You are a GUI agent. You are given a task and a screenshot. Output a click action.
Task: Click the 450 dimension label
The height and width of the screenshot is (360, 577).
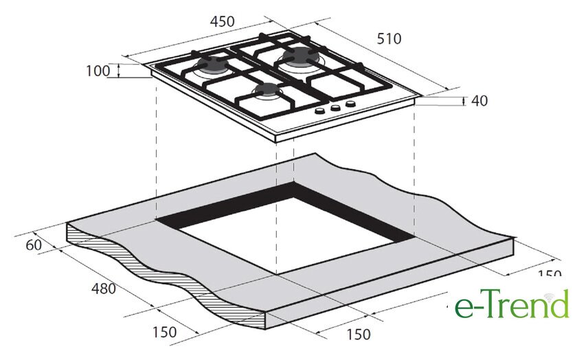click(x=223, y=22)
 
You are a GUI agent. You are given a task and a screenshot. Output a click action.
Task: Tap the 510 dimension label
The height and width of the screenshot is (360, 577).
click(x=389, y=38)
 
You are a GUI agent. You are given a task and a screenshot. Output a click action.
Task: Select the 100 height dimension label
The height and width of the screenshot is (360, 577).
click(x=98, y=71)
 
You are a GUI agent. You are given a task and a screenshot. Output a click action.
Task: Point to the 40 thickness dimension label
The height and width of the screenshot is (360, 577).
click(x=479, y=100)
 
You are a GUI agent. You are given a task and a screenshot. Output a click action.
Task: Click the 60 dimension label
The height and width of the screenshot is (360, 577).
click(x=34, y=245)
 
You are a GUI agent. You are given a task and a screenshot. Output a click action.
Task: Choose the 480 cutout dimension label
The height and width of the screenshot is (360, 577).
click(x=104, y=289)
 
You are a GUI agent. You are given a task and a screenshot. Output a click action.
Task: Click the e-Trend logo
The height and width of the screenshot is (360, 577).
click(x=512, y=304)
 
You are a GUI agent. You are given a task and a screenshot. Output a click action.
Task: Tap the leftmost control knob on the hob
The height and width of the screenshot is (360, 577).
click(x=321, y=111)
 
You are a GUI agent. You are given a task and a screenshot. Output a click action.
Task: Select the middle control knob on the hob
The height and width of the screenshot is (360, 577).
click(x=336, y=108)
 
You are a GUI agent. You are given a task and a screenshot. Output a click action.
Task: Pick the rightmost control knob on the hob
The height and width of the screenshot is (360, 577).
click(x=351, y=104)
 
